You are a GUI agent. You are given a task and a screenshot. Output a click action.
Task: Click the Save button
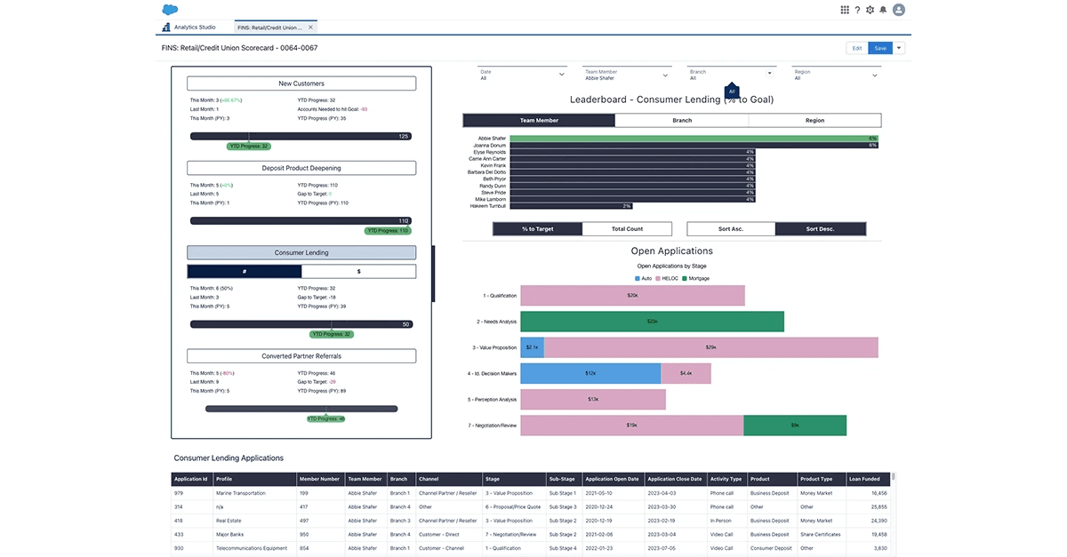tap(879, 48)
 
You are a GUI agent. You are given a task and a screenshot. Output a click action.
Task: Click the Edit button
tap(856, 48)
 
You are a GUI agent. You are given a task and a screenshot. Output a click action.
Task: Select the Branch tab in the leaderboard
tap(682, 120)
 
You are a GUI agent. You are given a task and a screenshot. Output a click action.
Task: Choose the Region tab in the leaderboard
tap(814, 120)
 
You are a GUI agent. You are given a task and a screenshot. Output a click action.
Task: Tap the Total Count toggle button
tap(627, 229)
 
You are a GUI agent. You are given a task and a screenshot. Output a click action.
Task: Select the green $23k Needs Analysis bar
tap(652, 322)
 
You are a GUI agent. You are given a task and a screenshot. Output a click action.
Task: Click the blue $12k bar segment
tap(590, 373)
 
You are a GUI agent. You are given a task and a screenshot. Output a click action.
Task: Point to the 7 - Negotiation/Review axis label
tap(492, 426)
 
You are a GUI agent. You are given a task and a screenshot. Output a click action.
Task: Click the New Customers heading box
tap(301, 84)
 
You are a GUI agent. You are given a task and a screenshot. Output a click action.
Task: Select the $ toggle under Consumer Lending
tap(358, 271)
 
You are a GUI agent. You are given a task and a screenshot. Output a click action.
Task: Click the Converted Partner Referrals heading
tap(301, 356)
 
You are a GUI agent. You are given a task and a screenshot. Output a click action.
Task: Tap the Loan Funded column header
tap(864, 479)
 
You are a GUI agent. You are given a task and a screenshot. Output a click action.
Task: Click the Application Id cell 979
tap(179, 492)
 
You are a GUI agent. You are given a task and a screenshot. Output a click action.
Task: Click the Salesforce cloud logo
tap(172, 10)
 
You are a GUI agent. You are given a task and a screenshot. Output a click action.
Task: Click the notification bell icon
tap(883, 10)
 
